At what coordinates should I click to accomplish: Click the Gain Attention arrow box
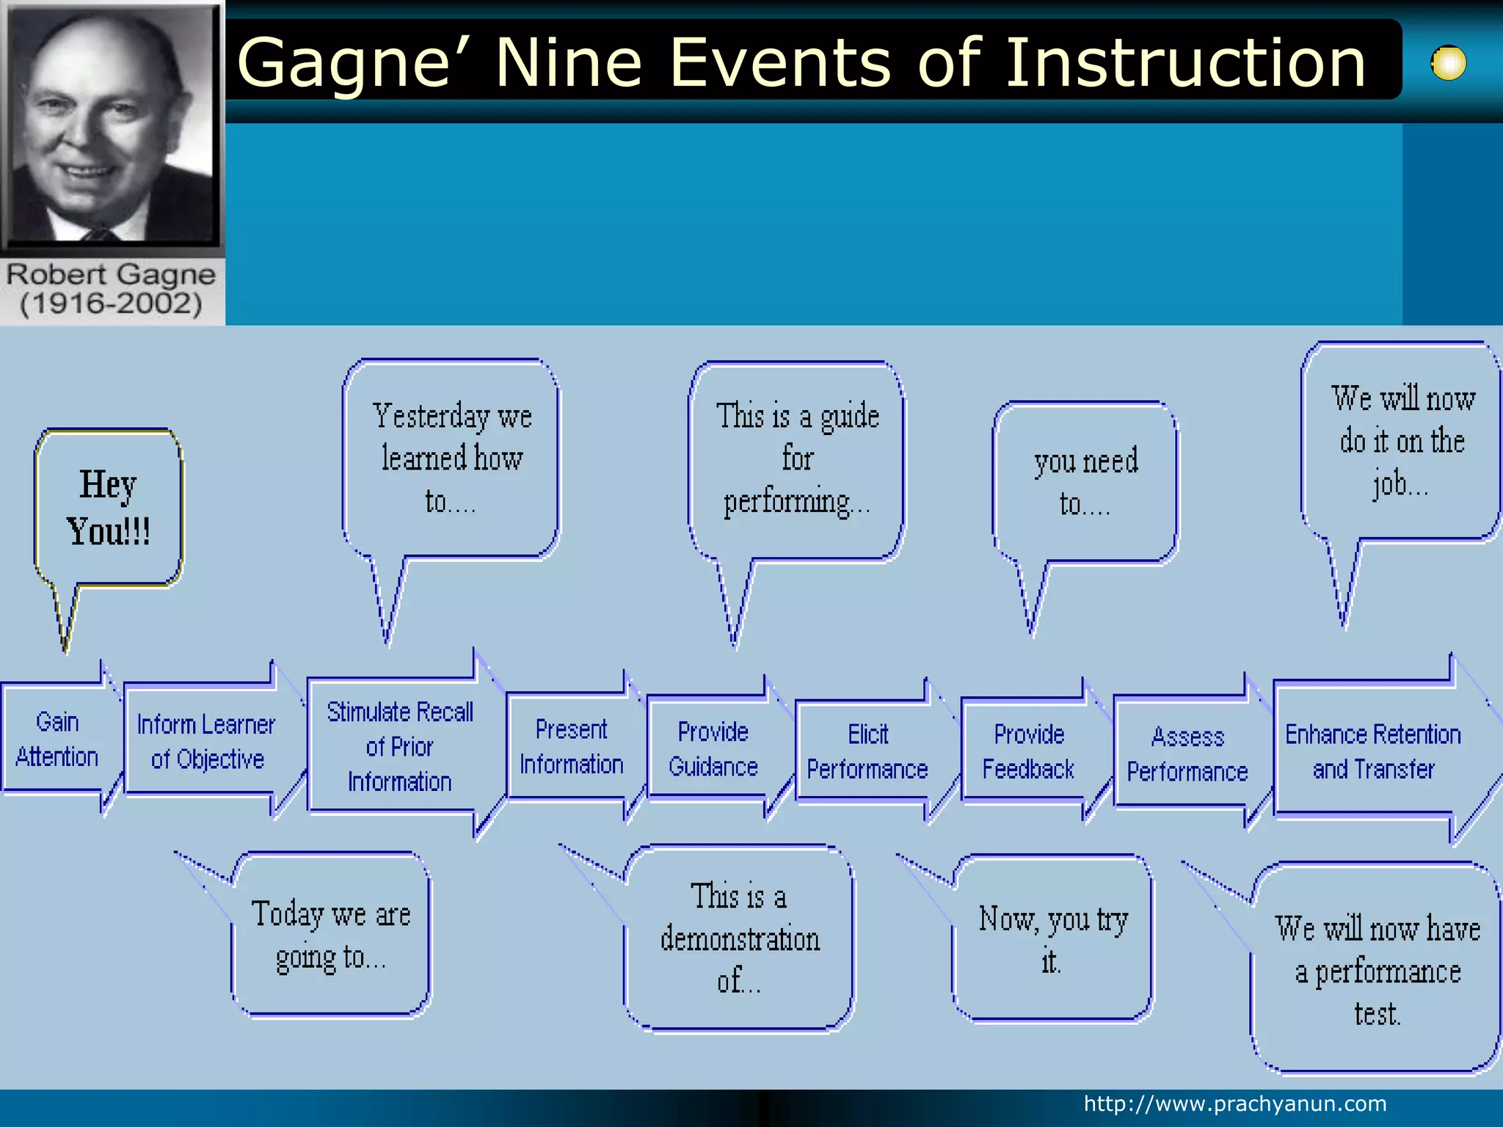tap(57, 739)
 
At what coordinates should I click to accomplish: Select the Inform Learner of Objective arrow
tap(206, 741)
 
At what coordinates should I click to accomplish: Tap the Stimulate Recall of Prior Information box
tap(399, 746)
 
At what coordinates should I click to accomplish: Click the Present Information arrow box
tap(571, 746)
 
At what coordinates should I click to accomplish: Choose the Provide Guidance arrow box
tap(713, 748)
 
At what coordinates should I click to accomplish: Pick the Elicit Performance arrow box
tap(867, 751)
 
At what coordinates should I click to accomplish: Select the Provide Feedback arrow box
tap(1028, 751)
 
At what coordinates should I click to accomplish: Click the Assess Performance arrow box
tap(1187, 754)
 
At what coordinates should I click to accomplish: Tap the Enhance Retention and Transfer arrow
tap(1372, 751)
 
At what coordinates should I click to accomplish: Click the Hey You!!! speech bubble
tap(109, 508)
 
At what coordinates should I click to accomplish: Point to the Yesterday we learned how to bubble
tap(451, 458)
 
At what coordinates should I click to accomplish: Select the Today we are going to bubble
tap(330, 935)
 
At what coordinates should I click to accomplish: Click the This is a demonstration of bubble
tap(739, 938)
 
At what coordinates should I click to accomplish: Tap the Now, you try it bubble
tap(1052, 938)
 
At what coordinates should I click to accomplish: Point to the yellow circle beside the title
tap(1449, 63)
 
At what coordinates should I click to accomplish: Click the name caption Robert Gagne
tap(111, 274)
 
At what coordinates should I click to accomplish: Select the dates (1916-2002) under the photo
tap(111, 304)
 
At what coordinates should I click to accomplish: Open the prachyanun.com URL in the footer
tap(1235, 1104)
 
